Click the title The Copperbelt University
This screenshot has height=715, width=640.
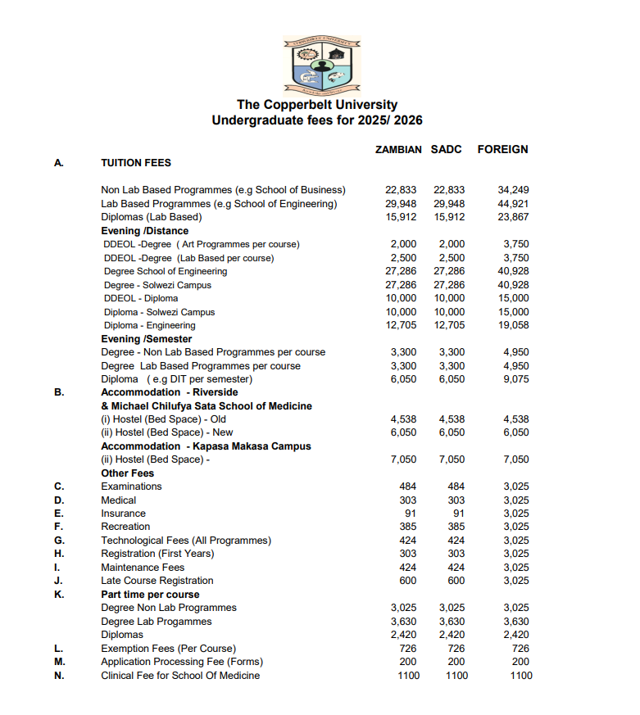(317, 105)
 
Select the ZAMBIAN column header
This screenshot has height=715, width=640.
(398, 150)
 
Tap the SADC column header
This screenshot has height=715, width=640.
(446, 150)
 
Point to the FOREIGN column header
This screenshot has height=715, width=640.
(502, 150)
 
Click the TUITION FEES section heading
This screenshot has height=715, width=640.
(136, 163)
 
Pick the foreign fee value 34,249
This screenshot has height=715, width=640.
(514, 190)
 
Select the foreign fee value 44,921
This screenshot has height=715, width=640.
(514, 203)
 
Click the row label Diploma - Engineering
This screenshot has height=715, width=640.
(149, 325)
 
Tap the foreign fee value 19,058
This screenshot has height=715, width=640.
(514, 325)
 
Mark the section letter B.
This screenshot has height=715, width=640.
(59, 392)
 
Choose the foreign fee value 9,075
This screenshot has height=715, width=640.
(516, 379)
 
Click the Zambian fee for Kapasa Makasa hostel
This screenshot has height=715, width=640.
(403, 459)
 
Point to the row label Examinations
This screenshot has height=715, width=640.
(131, 486)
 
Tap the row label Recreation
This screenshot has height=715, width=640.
(125, 527)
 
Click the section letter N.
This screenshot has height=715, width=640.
(59, 676)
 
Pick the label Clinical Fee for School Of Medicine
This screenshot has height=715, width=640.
(180, 676)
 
